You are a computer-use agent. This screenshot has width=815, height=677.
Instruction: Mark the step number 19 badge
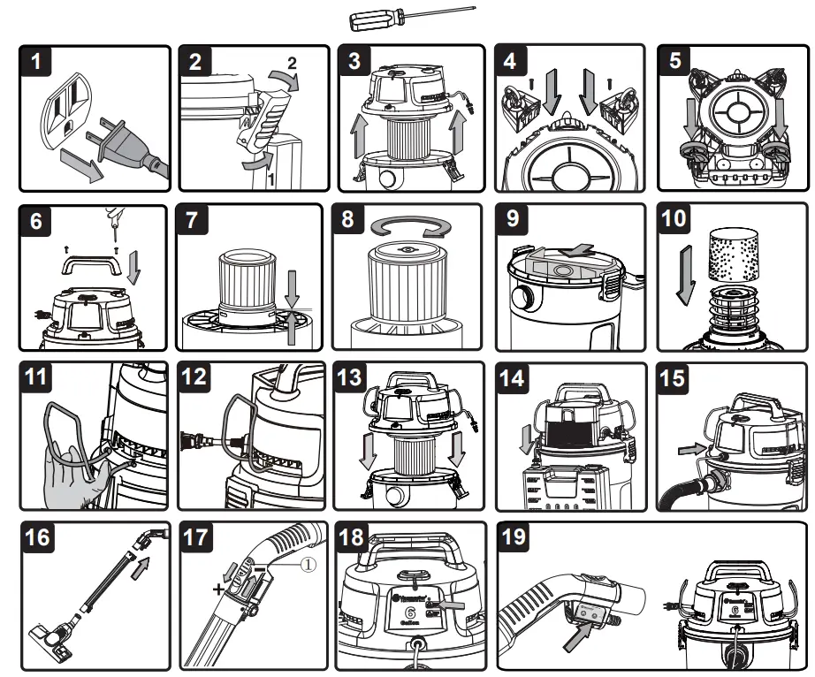[x=518, y=537]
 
